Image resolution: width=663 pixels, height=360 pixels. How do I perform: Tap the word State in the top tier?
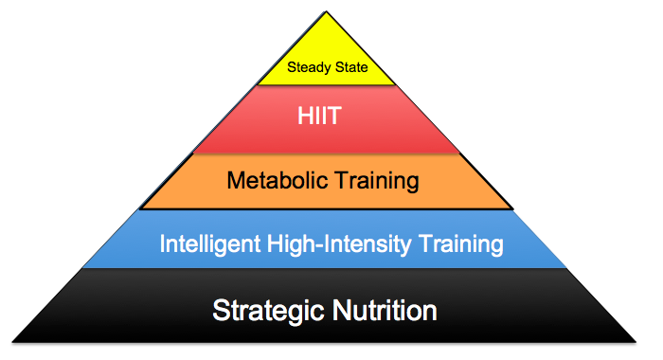[x=351, y=68]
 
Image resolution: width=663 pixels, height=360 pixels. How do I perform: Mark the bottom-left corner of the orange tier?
[x=140, y=207]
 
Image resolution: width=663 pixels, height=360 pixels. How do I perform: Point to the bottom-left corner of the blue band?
[x=86, y=268]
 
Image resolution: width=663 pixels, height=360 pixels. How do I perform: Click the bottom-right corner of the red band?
[x=461, y=153]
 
